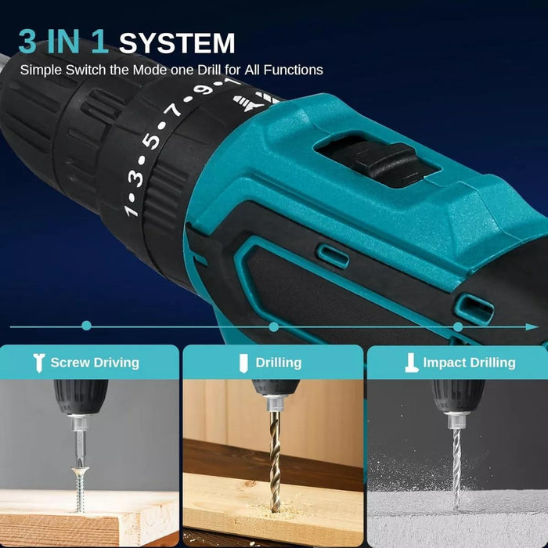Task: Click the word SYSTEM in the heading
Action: tap(177, 43)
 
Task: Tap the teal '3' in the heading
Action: tap(27, 41)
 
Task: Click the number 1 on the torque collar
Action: tap(130, 210)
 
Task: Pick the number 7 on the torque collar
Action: tap(173, 111)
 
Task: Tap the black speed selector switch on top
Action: tap(385, 160)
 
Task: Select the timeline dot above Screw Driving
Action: tap(86, 326)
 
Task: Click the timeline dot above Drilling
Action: tap(274, 326)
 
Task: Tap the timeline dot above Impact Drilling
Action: tap(458, 327)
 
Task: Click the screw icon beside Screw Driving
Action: tap(38, 362)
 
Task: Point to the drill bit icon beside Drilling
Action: tap(243, 363)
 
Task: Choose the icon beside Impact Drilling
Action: tap(411, 362)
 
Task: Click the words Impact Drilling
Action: tap(469, 362)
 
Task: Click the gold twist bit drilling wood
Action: tap(275, 460)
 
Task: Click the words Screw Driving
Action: tap(95, 362)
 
